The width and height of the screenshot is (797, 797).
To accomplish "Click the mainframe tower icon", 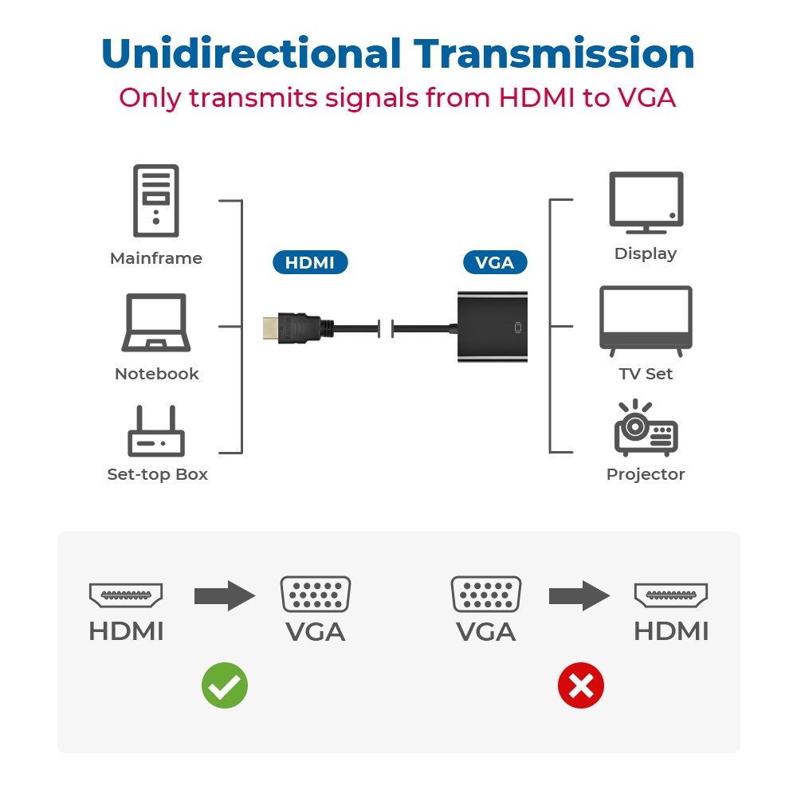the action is (156, 201).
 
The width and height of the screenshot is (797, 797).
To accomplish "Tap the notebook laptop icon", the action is (156, 323).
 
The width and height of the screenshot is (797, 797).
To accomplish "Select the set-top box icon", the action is (156, 431).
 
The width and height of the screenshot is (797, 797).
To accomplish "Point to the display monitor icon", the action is (646, 202).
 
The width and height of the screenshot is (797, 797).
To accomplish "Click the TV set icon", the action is (646, 321).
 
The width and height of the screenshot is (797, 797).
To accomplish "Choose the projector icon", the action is (646, 428).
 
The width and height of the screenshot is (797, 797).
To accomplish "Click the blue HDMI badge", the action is (310, 262).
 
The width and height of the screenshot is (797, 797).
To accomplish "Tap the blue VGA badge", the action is (495, 262).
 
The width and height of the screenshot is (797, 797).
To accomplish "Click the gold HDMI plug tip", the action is (270, 328).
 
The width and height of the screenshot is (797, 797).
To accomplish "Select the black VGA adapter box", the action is (493, 327).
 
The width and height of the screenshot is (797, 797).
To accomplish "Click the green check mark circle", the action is (225, 685).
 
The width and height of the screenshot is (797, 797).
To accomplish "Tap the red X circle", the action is (581, 685).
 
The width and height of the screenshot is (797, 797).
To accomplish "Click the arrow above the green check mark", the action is (225, 595).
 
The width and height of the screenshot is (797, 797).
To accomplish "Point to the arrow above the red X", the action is (579, 595).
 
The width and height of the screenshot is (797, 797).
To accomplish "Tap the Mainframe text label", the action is (156, 258).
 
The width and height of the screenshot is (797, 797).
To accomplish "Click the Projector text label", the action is (646, 475).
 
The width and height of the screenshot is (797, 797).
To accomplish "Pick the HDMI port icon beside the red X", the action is (671, 595).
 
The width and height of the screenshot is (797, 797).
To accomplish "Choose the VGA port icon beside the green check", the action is (316, 594).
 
